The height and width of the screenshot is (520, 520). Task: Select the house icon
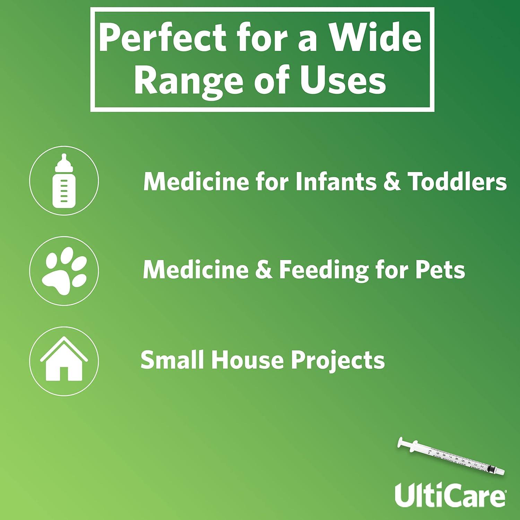[64, 361]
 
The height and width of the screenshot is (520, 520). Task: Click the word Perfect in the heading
[163, 39]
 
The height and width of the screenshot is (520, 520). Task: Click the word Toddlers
[457, 181]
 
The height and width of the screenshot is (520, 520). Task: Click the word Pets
[440, 270]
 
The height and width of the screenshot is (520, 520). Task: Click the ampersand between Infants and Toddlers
[392, 181]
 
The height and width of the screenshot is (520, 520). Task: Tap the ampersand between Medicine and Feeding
[264, 270]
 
